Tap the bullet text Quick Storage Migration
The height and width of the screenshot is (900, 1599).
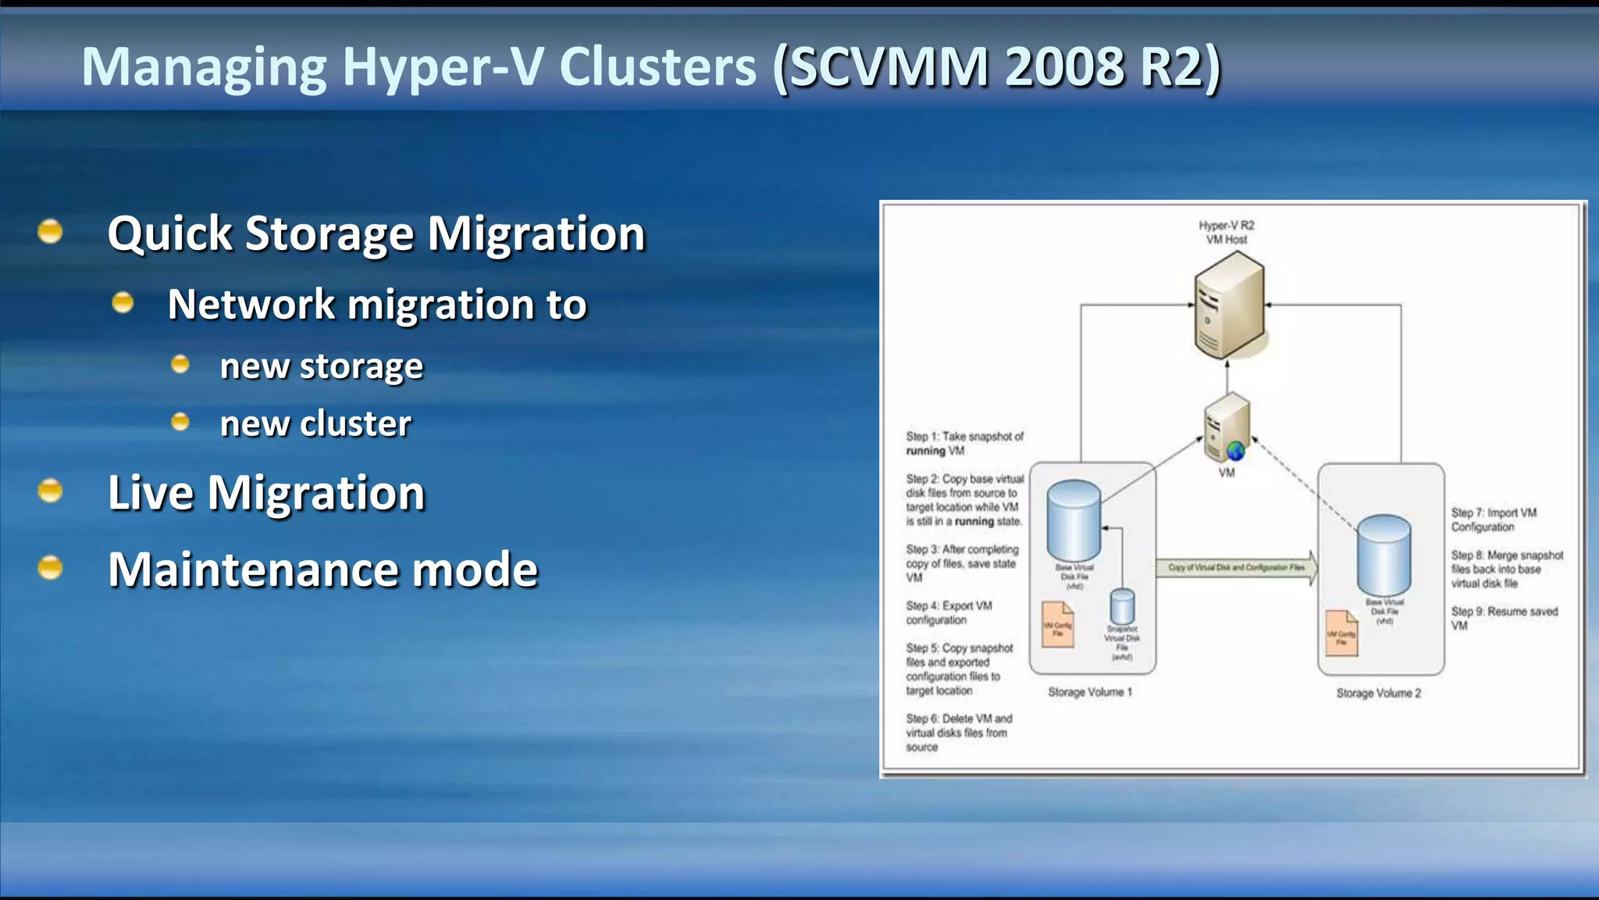click(376, 234)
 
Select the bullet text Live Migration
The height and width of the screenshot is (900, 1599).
click(266, 493)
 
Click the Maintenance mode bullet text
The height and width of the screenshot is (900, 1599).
click(322, 569)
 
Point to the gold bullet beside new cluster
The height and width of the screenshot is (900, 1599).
click(180, 423)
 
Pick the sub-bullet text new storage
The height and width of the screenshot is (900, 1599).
click(321, 366)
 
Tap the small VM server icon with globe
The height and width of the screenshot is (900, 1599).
click(1227, 429)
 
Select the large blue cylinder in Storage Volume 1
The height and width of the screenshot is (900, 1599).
click(1074, 520)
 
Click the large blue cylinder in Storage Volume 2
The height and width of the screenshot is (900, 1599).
click(1384, 555)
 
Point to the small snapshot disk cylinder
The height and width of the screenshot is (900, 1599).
click(1122, 606)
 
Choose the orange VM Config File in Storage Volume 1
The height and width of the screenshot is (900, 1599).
click(1058, 625)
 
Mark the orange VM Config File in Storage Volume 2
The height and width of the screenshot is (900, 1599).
click(1341, 634)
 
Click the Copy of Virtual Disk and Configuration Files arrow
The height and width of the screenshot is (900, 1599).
click(1238, 567)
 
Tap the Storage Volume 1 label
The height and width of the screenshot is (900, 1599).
click(1089, 692)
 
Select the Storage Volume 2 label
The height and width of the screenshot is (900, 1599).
click(1378, 693)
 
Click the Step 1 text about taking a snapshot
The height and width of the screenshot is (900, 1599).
click(964, 444)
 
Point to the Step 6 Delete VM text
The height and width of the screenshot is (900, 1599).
click(958, 733)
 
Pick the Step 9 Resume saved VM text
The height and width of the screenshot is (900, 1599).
click(1504, 618)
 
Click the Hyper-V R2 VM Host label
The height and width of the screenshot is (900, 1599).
click(1226, 232)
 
